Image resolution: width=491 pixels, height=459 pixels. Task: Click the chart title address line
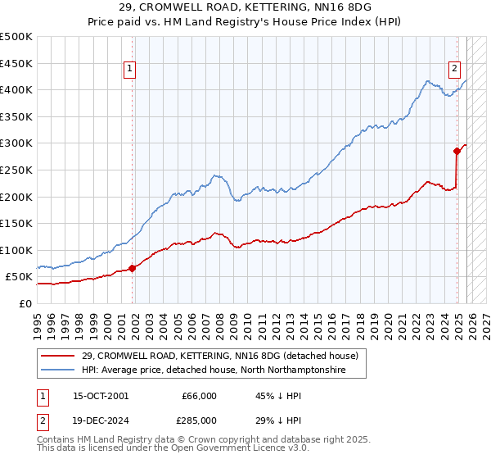pos(245,7)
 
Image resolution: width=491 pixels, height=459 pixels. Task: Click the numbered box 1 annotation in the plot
pos(131,70)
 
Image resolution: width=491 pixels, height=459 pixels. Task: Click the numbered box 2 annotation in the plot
pos(454,70)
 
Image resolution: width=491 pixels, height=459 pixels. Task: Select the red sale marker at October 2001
pos(132,268)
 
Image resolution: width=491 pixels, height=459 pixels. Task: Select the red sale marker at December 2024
pos(457,151)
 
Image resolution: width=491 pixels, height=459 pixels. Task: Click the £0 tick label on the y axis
pos(25,303)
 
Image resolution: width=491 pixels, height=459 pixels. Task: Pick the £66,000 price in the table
pos(198,396)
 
